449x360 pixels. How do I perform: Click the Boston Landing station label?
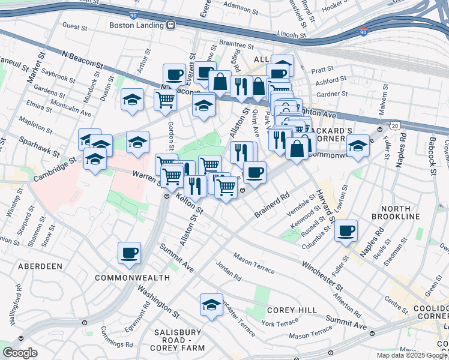137,25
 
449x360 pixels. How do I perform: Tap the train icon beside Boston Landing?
171,25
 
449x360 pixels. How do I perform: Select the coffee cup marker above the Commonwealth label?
129,253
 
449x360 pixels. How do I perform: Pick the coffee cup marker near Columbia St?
346,230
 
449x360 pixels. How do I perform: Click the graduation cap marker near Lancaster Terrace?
211,304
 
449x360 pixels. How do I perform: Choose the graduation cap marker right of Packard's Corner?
358,146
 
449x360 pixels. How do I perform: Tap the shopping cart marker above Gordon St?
165,100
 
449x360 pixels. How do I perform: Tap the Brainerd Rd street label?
271,205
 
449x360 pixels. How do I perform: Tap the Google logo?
20,353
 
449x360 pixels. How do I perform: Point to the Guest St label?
75,26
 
